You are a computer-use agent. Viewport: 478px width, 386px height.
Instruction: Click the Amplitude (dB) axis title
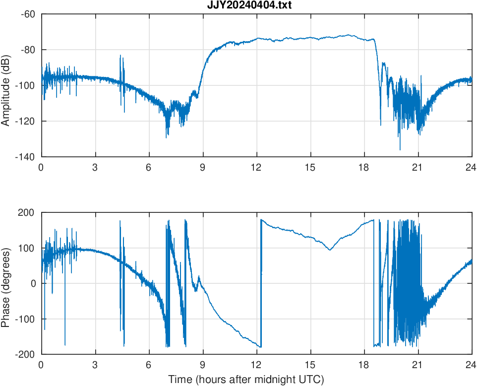pyautogui.click(x=6, y=85)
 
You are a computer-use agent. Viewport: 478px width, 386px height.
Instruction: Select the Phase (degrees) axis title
pyautogui.click(x=6, y=283)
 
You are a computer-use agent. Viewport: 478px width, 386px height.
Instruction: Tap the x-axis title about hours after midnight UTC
pyautogui.click(x=246, y=380)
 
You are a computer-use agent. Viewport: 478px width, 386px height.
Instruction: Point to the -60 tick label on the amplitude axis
pyautogui.click(x=27, y=14)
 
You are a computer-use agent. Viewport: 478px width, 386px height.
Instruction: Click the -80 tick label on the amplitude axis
pyautogui.click(x=27, y=50)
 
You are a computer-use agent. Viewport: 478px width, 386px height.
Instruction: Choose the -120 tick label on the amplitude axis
pyautogui.click(x=25, y=121)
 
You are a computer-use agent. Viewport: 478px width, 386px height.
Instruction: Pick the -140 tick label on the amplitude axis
pyautogui.click(x=25, y=157)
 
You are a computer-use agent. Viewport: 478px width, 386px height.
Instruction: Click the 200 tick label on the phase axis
pyautogui.click(x=27, y=212)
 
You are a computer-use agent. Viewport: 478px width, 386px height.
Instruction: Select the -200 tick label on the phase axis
pyautogui.click(x=25, y=354)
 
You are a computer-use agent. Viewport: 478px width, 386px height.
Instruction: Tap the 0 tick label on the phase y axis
pyautogui.click(x=33, y=283)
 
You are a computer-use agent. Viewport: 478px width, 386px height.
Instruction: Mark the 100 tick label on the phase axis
pyautogui.click(x=27, y=248)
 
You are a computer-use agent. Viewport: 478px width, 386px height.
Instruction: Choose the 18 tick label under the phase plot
pyautogui.click(x=364, y=365)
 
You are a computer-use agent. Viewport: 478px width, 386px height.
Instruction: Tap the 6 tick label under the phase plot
pyautogui.click(x=149, y=365)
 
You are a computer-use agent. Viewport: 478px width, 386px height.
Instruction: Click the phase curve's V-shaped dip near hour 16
pyautogui.click(x=330, y=250)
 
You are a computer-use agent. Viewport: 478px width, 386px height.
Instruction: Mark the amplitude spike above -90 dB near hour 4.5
pyautogui.click(x=120, y=56)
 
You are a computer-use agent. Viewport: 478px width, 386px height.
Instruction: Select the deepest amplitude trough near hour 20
pyautogui.click(x=400, y=149)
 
